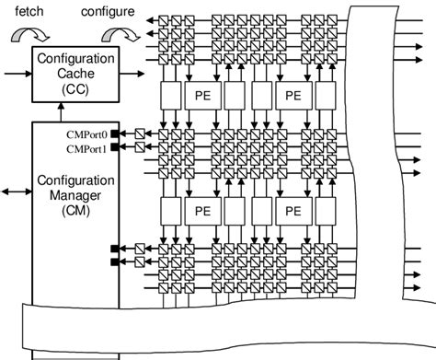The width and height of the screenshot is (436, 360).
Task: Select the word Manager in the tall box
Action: (x=70, y=194)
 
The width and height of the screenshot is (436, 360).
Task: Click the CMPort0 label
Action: (x=88, y=134)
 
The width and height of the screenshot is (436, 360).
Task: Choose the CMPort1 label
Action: (x=88, y=147)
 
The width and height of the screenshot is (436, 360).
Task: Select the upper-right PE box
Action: (x=294, y=96)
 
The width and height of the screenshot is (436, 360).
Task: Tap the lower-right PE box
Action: (x=294, y=211)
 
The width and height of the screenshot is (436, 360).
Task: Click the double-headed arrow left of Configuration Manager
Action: (x=17, y=192)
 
